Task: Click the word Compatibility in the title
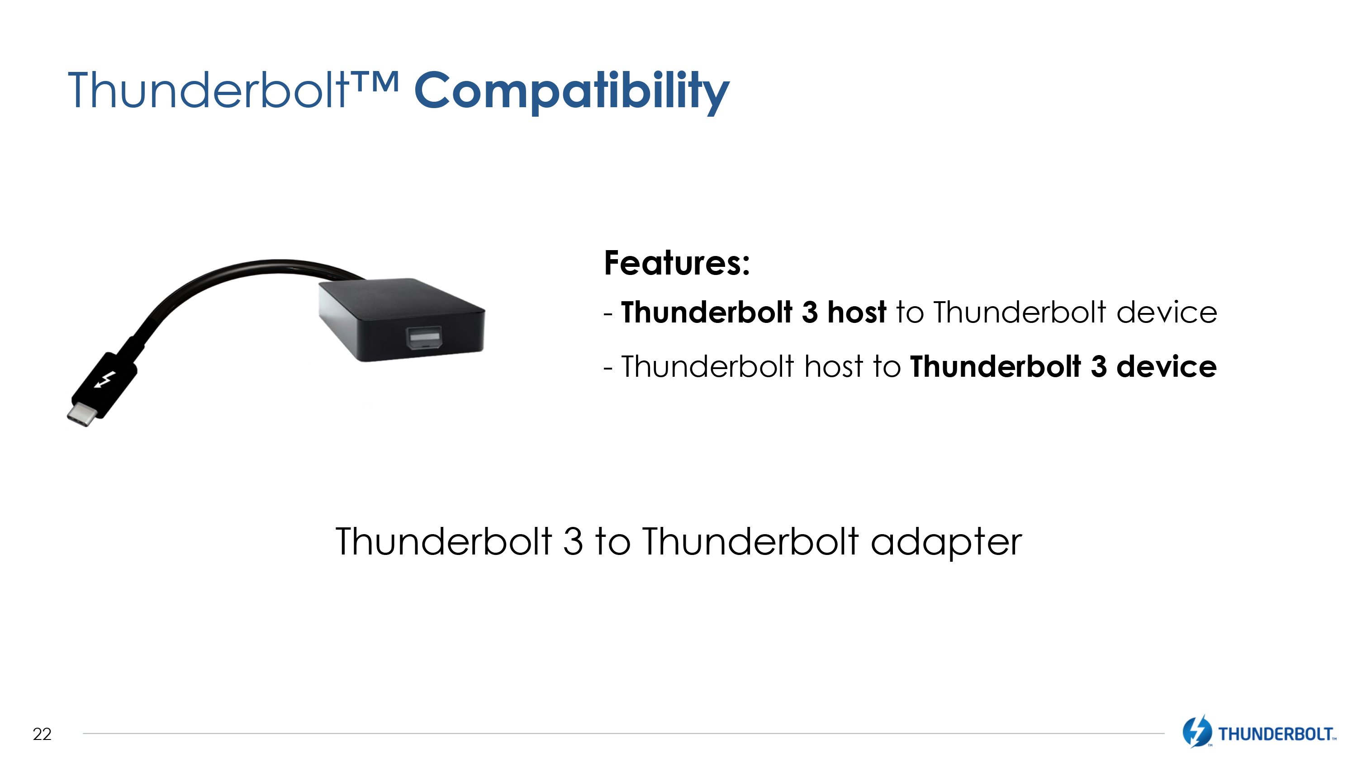(572, 92)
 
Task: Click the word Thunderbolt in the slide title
(209, 90)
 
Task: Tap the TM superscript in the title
(375, 81)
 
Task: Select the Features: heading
(677, 263)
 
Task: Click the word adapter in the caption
(946, 542)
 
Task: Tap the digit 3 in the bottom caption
(573, 541)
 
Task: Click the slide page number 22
(42, 734)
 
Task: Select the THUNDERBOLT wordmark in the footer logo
(1276, 734)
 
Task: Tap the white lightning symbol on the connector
(105, 379)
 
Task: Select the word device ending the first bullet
(1167, 312)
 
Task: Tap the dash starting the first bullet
(608, 314)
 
